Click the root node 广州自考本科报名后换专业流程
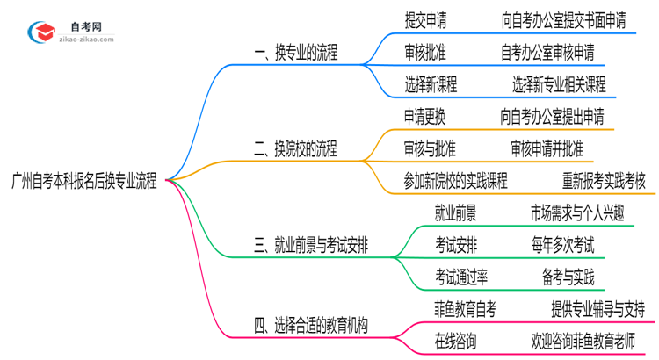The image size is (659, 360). click(84, 181)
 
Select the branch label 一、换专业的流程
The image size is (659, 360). click(295, 53)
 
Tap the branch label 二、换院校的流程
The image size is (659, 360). click(295, 148)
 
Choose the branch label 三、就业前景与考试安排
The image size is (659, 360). click(310, 245)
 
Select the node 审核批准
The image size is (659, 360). click(429, 53)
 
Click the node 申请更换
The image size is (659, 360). click(429, 116)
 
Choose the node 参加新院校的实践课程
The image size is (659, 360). click(455, 180)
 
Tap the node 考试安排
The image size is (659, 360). click(455, 244)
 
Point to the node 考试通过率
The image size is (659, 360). click(461, 277)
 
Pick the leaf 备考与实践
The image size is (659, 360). click(568, 277)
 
